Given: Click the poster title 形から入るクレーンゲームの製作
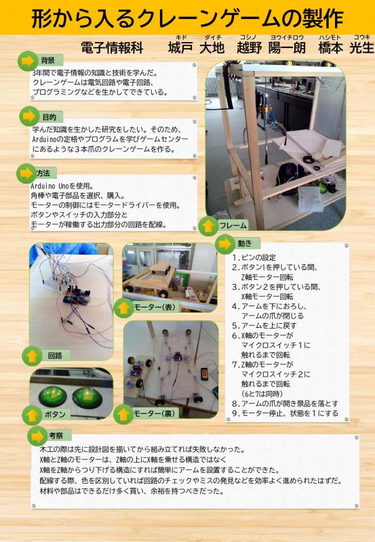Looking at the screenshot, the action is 187,18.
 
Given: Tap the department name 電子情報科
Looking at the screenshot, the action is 112,47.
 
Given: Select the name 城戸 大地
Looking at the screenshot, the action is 196,47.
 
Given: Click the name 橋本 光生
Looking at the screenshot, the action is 346,47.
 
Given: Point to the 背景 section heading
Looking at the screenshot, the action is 47,60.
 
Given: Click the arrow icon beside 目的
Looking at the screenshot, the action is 29,116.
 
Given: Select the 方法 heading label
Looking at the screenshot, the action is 43,173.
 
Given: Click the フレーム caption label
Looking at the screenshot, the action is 233,226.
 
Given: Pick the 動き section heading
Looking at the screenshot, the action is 245,243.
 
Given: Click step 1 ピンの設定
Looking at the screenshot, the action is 254,257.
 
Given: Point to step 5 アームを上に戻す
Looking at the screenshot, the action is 264,326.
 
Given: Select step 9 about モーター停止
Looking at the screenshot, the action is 285,413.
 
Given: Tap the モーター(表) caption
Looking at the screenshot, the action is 155,307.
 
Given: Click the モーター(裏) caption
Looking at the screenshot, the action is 155,413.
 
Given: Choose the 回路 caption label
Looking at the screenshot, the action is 55,355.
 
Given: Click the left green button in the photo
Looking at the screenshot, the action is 53,396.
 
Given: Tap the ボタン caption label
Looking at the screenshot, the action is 55,414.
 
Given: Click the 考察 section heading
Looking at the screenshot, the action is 56,436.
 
